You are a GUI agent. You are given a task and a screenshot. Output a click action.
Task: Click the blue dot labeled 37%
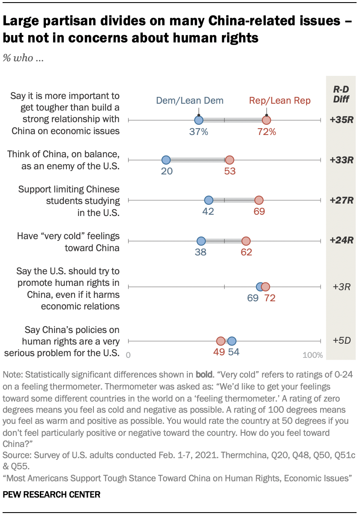tap(198, 121)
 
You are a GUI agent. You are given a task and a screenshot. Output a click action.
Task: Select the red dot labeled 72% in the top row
tap(267, 121)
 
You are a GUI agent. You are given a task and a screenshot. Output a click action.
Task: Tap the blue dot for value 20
tap(166, 160)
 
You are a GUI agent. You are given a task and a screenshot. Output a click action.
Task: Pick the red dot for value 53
tap(229, 160)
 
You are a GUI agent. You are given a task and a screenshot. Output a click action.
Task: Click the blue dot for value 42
tap(208, 200)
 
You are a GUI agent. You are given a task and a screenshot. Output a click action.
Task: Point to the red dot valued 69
tap(259, 200)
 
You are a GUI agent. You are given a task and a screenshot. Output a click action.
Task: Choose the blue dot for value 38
tap(201, 241)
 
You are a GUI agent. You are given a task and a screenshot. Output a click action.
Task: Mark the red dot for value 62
tap(246, 241)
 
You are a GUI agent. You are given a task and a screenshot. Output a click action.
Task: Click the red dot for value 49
tap(221, 341)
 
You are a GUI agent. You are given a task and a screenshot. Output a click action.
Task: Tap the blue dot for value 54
tap(232, 341)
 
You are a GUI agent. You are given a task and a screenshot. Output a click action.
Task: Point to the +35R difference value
tap(341, 120)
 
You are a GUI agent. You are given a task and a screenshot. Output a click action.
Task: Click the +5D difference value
tap(342, 341)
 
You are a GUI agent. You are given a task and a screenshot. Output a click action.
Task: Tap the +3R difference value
tap(342, 287)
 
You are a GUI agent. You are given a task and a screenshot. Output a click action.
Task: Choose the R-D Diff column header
tap(341, 95)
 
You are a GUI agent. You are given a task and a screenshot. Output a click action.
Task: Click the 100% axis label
tap(313, 355)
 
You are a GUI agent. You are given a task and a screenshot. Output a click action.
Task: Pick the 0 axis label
tap(128, 355)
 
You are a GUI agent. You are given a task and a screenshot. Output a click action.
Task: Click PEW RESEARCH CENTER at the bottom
tap(51, 495)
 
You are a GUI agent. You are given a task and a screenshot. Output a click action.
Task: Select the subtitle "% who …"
tap(24, 58)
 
